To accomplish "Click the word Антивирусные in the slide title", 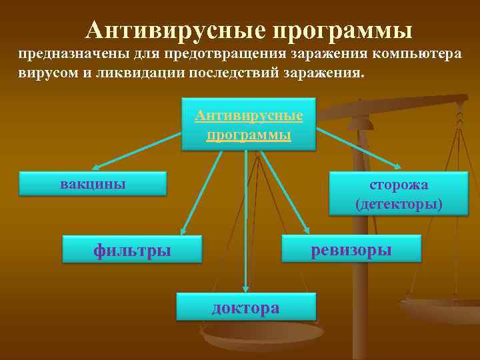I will (x=174, y=30).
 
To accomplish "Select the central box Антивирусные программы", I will (x=248, y=125).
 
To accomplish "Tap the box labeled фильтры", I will (x=132, y=249).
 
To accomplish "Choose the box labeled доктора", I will (x=245, y=308).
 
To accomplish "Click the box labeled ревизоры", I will (x=351, y=249).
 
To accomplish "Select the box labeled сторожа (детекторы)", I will (x=399, y=193).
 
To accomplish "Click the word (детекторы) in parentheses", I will (x=399, y=203).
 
